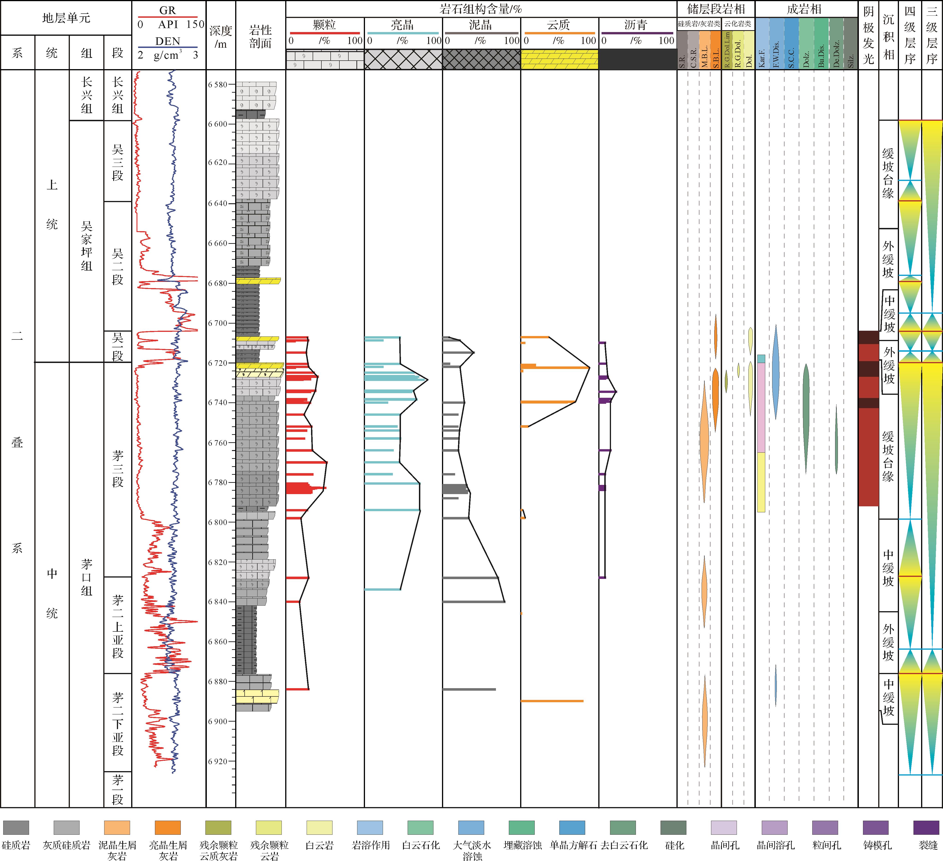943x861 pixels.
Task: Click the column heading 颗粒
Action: tap(325, 25)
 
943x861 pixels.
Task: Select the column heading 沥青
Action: tap(636, 25)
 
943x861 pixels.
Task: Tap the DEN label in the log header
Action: tap(167, 41)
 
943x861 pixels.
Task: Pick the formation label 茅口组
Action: tap(86, 577)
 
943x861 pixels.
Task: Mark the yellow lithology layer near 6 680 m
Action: tap(258, 281)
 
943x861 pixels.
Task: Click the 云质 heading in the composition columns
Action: tap(559, 25)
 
